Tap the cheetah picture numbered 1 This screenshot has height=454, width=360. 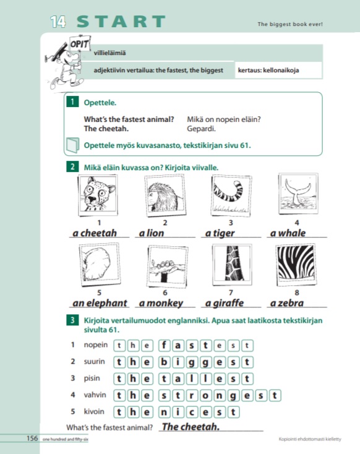tap(98, 195)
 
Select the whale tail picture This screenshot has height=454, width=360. tap(298, 194)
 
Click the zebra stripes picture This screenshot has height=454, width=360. tap(296, 265)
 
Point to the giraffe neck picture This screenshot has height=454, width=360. tap(232, 265)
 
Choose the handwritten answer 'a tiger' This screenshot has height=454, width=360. tap(220, 233)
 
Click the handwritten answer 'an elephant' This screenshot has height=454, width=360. tap(100, 303)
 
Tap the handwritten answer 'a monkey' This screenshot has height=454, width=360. tap(161, 303)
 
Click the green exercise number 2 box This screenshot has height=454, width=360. tap(72, 167)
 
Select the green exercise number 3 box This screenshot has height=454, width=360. tap(72, 320)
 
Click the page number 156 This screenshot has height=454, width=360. tap(32, 438)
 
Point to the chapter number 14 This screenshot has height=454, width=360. tap(58, 22)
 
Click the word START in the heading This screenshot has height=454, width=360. tap(121, 22)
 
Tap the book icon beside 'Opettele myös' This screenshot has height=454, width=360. tap(72, 145)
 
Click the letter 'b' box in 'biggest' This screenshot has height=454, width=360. tap(164, 362)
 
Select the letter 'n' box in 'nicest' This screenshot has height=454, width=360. tap(164, 412)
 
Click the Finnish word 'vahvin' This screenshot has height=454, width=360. tap(95, 395)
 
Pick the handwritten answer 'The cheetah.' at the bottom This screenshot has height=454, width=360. tap(191, 427)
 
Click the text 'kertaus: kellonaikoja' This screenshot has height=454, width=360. tap(268, 70)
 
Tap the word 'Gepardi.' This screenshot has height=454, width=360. tap(201, 129)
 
